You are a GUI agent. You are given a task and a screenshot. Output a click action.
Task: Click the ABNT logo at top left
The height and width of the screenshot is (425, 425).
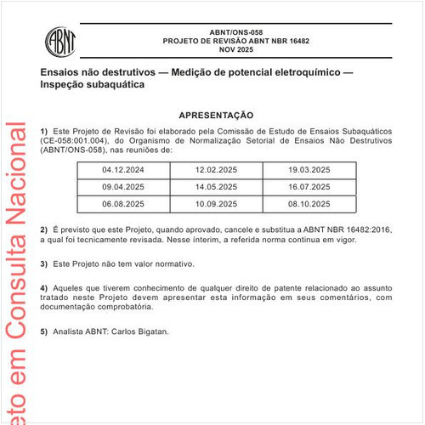[x=59, y=39]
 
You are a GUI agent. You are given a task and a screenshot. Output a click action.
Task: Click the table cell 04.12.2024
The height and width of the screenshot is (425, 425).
[x=122, y=170]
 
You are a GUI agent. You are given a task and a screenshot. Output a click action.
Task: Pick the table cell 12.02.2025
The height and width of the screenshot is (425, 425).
[x=216, y=170]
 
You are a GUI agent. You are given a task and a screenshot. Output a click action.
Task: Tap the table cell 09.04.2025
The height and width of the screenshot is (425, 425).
[x=122, y=187]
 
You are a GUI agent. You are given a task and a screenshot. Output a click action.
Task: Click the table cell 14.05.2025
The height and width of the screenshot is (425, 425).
[x=216, y=187]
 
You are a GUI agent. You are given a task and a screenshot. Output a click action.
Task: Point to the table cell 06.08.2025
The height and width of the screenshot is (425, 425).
[x=122, y=204]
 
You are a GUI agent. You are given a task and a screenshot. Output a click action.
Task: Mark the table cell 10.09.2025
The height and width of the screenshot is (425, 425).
[x=216, y=204]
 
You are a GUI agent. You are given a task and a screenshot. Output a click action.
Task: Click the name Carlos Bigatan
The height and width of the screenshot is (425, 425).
[x=144, y=331]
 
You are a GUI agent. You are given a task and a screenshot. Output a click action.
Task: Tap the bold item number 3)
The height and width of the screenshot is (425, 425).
[x=43, y=264]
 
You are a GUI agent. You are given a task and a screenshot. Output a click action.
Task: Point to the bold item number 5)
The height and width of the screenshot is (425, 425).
[x=43, y=331]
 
